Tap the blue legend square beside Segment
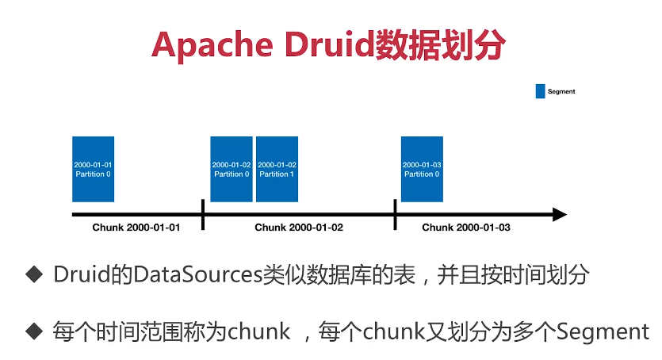pyautogui.click(x=541, y=91)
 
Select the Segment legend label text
pyautogui.click(x=561, y=92)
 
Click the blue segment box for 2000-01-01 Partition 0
pyautogui.click(x=93, y=169)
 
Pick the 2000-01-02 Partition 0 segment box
pyautogui.click(x=231, y=169)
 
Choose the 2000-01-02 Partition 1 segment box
pyautogui.click(x=277, y=169)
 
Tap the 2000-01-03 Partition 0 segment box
pyautogui.click(x=422, y=169)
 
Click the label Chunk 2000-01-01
pyautogui.click(x=136, y=228)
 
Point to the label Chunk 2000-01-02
pyautogui.click(x=299, y=228)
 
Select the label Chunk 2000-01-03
pyautogui.click(x=466, y=228)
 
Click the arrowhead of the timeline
pyautogui.click(x=559, y=214)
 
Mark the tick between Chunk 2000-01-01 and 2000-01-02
pyautogui.click(x=204, y=214)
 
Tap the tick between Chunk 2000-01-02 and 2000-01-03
pyautogui.click(x=395, y=214)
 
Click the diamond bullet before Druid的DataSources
pyautogui.click(x=33, y=275)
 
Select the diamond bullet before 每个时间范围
pyautogui.click(x=33, y=331)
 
